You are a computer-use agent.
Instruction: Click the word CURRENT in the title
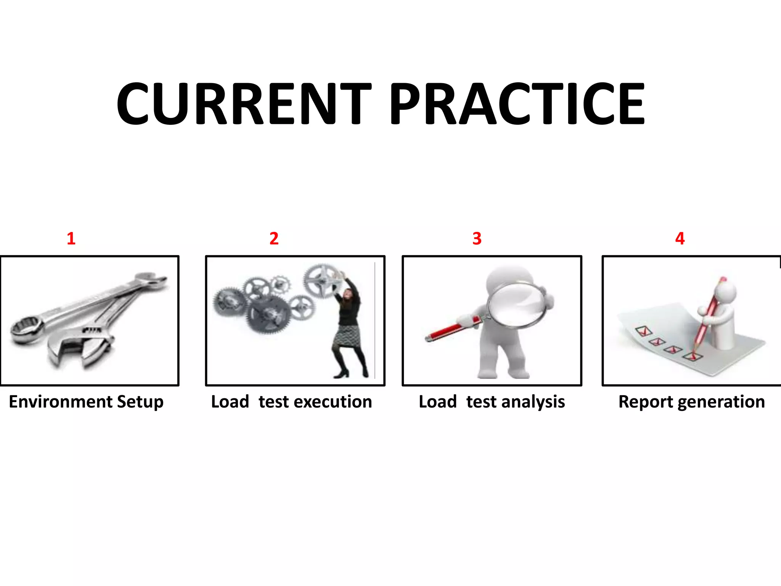[244, 104]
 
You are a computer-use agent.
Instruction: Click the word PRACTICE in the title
[517, 104]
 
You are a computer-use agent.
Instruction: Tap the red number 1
[71, 239]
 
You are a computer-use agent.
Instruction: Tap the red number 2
[274, 239]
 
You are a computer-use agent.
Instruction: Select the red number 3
[477, 239]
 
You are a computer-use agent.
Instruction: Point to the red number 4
[680, 239]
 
